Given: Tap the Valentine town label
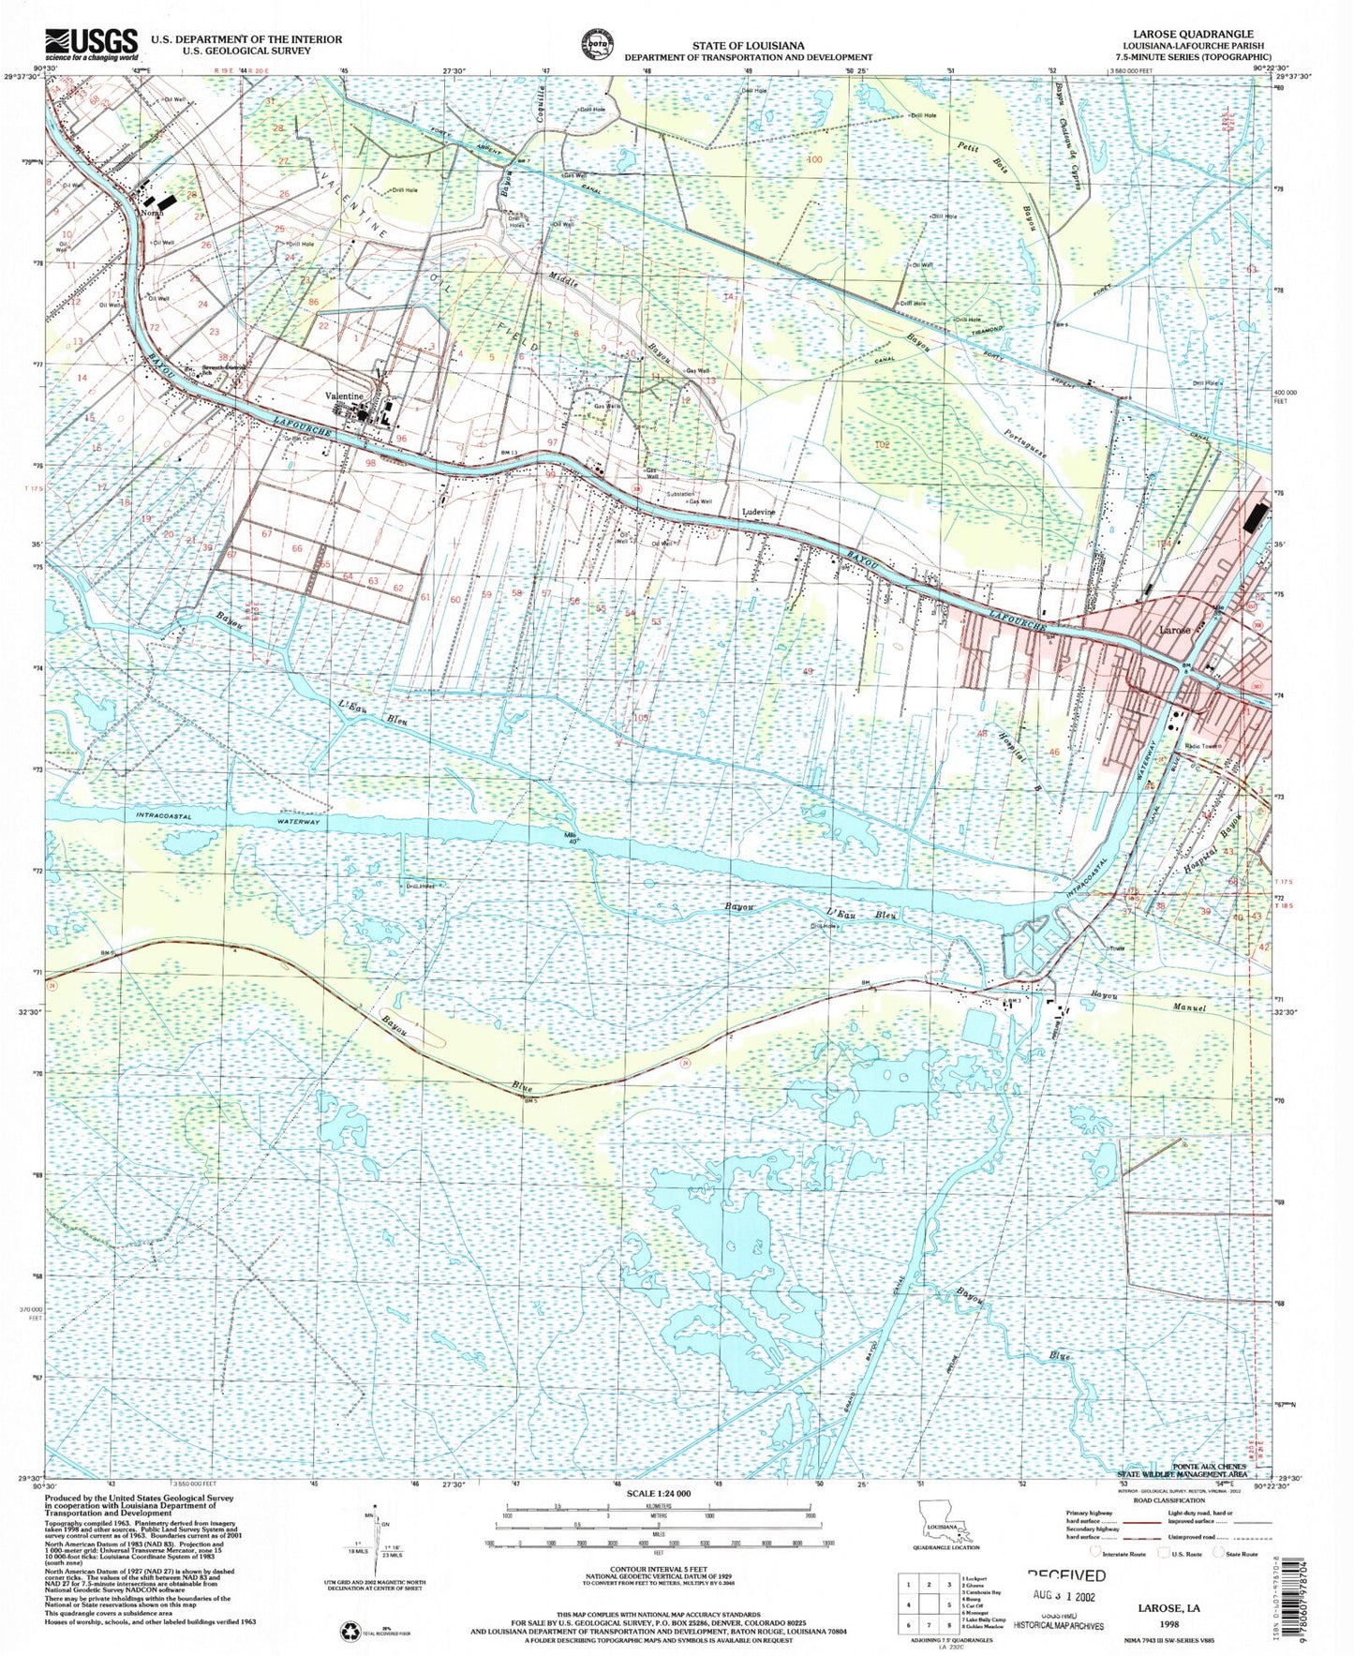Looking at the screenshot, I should (x=343, y=396).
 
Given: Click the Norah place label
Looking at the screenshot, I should (x=152, y=213).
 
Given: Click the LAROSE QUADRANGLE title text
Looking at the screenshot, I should (x=1199, y=34).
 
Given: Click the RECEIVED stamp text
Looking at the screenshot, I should (x=1066, y=1577).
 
